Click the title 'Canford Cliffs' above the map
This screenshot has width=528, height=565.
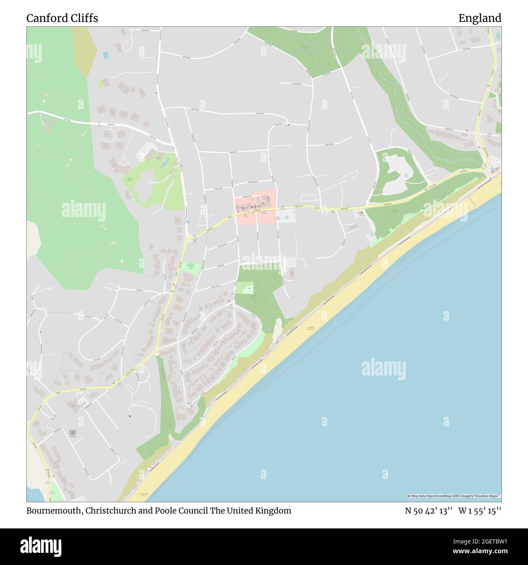tap(62, 18)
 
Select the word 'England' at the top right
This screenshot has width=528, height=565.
tap(480, 18)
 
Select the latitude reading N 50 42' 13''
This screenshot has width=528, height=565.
tap(428, 511)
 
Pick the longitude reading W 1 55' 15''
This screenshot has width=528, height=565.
tap(480, 511)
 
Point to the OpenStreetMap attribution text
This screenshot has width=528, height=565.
tap(454, 496)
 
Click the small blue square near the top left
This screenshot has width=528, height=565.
tap(106, 55)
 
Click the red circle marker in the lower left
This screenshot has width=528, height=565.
tap(130, 416)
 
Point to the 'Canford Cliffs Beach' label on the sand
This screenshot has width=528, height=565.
tap(312, 328)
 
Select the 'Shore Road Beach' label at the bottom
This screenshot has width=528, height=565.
tap(145, 495)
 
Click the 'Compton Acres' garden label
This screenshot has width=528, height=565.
tap(130, 179)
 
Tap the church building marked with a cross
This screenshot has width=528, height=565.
tap(73, 433)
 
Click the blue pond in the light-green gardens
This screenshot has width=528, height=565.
tap(164, 163)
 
